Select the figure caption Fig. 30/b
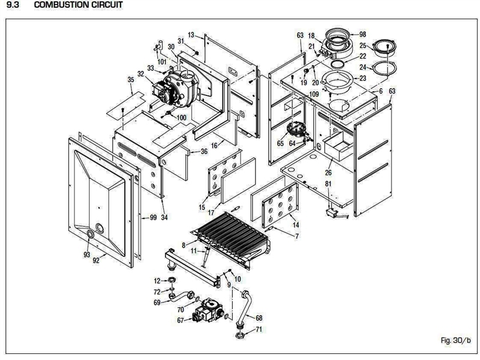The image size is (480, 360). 455,340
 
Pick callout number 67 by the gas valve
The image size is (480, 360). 180,320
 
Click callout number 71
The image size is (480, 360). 259,330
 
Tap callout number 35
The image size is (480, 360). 131,80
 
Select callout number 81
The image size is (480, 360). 328,183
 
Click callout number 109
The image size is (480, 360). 313,94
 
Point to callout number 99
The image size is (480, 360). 153,217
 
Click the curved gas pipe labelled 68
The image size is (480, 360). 246,309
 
